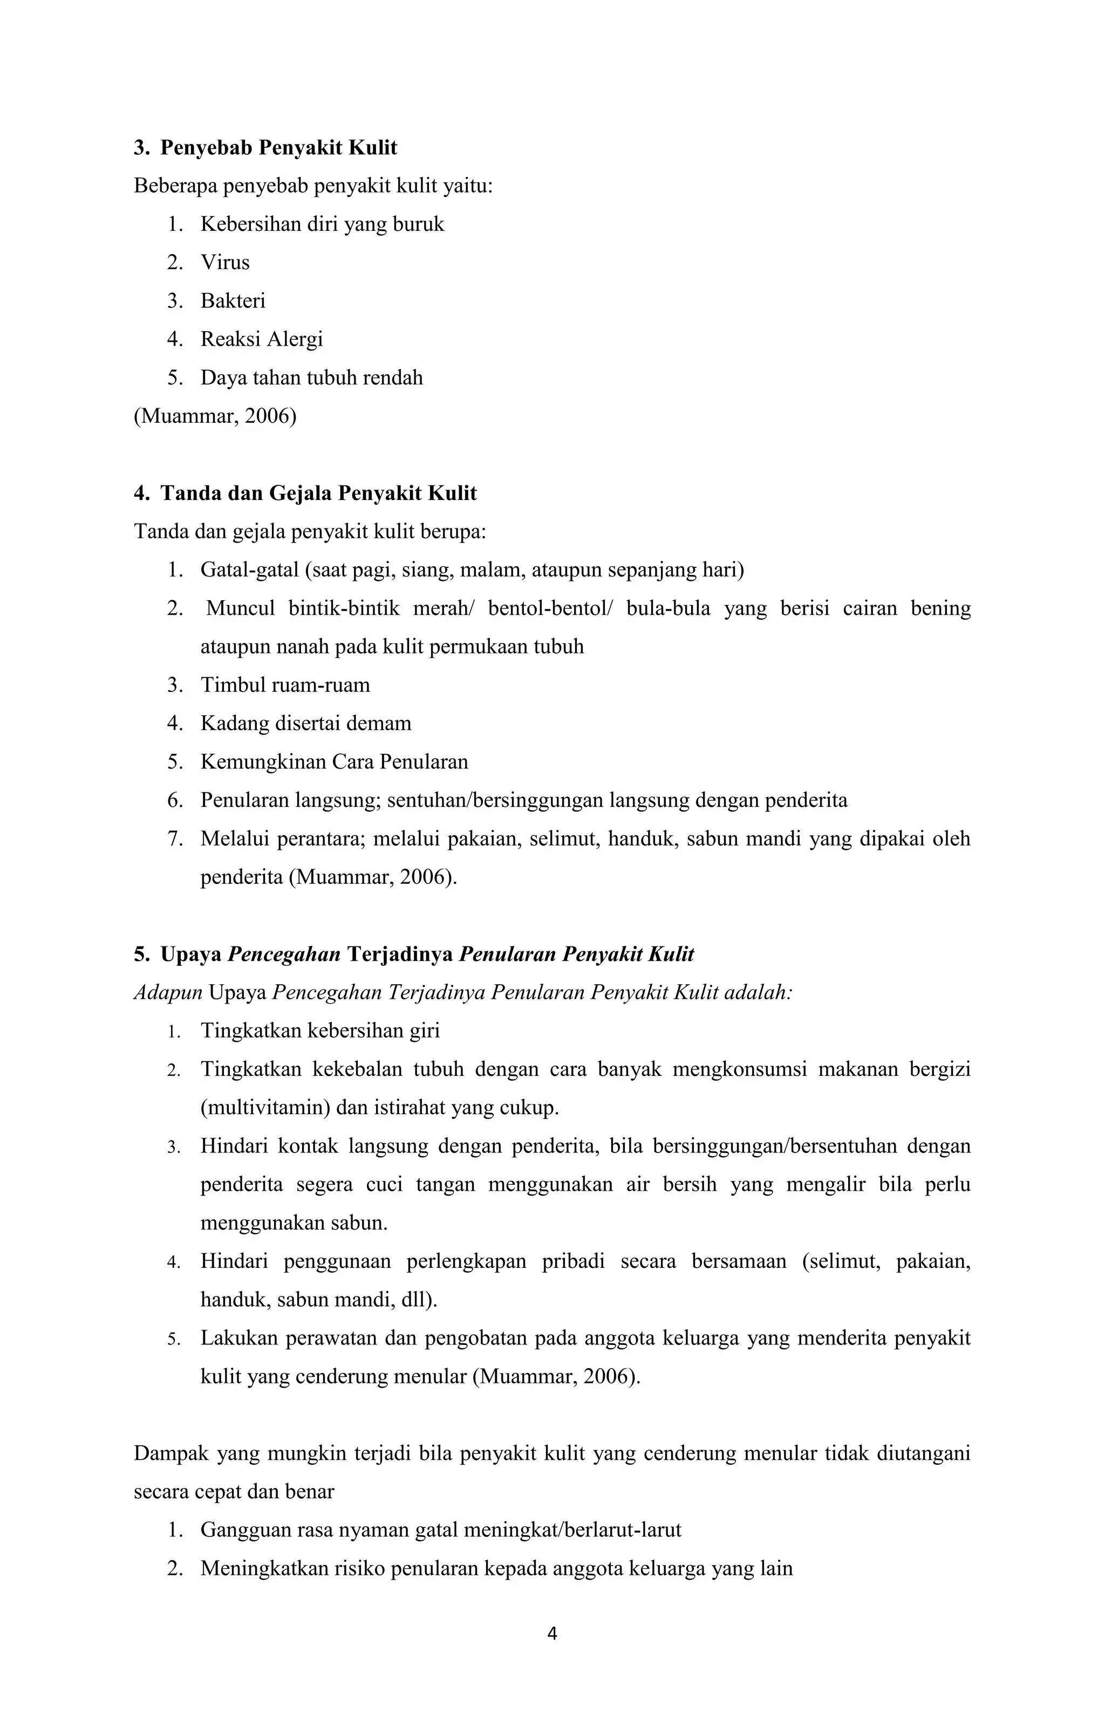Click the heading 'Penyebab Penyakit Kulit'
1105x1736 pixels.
click(278, 148)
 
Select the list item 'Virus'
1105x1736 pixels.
click(225, 263)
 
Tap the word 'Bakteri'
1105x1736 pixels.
click(233, 300)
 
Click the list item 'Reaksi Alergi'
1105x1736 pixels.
click(262, 339)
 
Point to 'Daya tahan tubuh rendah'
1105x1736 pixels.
click(312, 378)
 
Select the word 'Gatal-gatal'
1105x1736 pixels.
click(249, 570)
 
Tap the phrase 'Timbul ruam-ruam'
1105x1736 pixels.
click(285, 685)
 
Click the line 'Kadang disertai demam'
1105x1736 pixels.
click(306, 723)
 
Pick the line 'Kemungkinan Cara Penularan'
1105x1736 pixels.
click(334, 762)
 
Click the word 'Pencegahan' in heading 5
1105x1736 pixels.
click(284, 955)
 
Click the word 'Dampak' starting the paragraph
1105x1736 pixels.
click(169, 1453)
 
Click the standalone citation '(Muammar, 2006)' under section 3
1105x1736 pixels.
click(215, 416)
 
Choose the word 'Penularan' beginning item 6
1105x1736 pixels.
click(245, 800)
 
